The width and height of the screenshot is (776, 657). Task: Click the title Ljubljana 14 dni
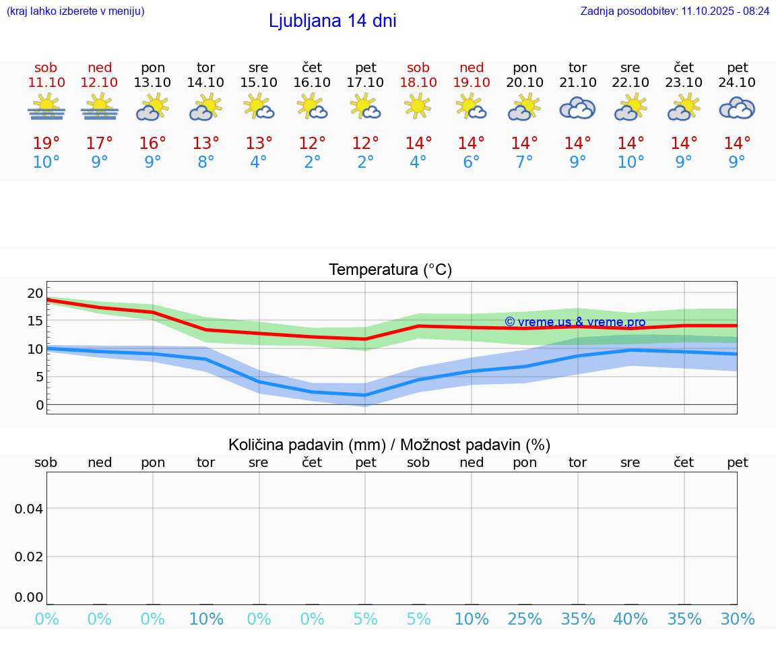(x=332, y=21)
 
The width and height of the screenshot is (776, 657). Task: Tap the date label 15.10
(x=259, y=82)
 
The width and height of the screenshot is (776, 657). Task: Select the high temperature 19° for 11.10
(x=46, y=144)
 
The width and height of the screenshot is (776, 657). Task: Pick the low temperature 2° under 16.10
(x=312, y=162)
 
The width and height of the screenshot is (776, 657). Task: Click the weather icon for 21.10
(x=577, y=108)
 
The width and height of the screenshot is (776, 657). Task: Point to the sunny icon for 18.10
(x=418, y=106)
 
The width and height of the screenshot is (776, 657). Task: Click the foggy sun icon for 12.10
(x=100, y=108)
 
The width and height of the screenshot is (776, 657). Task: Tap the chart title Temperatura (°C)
(x=390, y=270)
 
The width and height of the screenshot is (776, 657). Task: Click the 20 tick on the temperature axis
(x=35, y=292)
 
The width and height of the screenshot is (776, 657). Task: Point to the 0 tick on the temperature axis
(x=40, y=405)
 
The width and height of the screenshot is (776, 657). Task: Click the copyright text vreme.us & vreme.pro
(x=575, y=321)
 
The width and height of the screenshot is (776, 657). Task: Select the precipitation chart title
(x=389, y=445)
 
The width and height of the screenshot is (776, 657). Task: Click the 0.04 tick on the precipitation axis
(x=30, y=509)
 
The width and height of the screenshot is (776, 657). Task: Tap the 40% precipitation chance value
(x=630, y=619)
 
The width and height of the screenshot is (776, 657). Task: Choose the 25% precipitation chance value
(x=525, y=619)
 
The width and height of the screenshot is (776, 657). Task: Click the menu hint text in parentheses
(x=75, y=11)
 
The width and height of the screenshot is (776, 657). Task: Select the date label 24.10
(x=737, y=82)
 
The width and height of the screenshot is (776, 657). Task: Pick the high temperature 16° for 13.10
(x=153, y=144)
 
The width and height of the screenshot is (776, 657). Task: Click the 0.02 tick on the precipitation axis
(x=30, y=557)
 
